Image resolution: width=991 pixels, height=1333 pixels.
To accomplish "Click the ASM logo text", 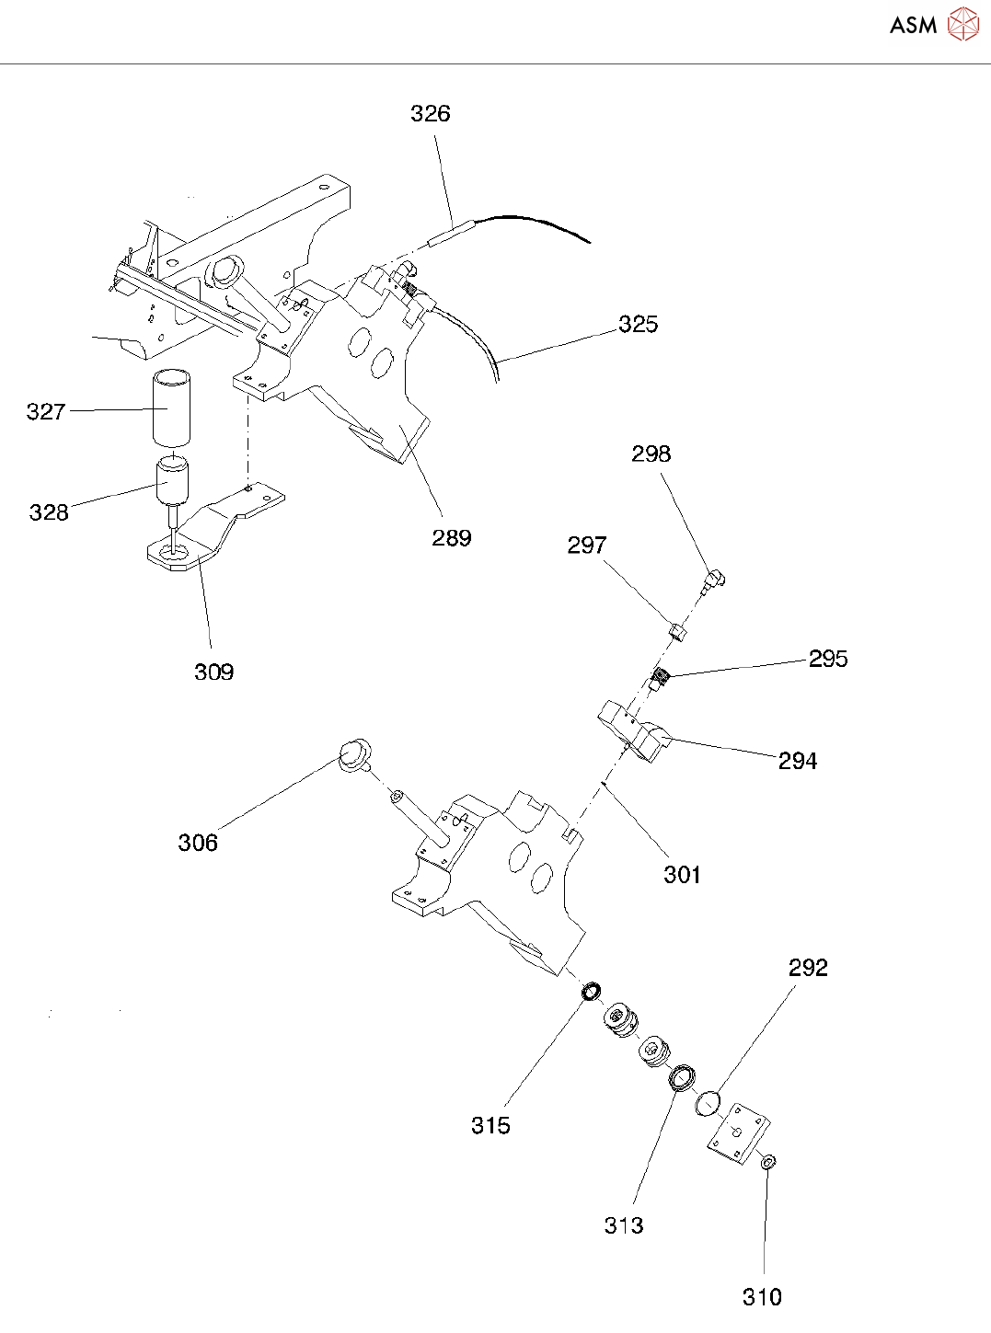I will pyautogui.click(x=913, y=25).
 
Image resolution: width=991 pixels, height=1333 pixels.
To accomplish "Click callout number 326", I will pyautogui.click(x=430, y=113).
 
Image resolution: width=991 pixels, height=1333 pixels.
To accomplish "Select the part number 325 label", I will pyautogui.click(x=638, y=324).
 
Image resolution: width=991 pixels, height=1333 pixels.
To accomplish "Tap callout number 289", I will pyautogui.click(x=451, y=538).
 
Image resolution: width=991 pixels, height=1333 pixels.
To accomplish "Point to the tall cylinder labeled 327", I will pyautogui.click(x=172, y=408).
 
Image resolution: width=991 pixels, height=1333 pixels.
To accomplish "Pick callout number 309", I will pyautogui.click(x=213, y=672).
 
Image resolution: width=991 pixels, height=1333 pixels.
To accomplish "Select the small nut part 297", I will pyautogui.click(x=677, y=631).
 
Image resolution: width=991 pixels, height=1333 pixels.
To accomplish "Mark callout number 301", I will pyautogui.click(x=682, y=875).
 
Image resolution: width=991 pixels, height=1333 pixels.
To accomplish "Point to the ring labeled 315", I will pyautogui.click(x=592, y=992).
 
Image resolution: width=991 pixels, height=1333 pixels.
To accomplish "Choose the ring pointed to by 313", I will pyautogui.click(x=681, y=1075).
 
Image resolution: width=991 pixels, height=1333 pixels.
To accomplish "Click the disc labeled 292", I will pyautogui.click(x=708, y=1101).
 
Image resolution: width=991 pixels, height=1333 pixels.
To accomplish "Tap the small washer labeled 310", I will pyautogui.click(x=767, y=1164).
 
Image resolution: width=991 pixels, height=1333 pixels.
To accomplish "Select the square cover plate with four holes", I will pyautogui.click(x=739, y=1138).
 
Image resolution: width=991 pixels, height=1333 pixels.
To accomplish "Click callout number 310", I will pyautogui.click(x=762, y=1297).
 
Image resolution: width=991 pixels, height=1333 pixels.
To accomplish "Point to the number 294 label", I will pyautogui.click(x=797, y=761).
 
